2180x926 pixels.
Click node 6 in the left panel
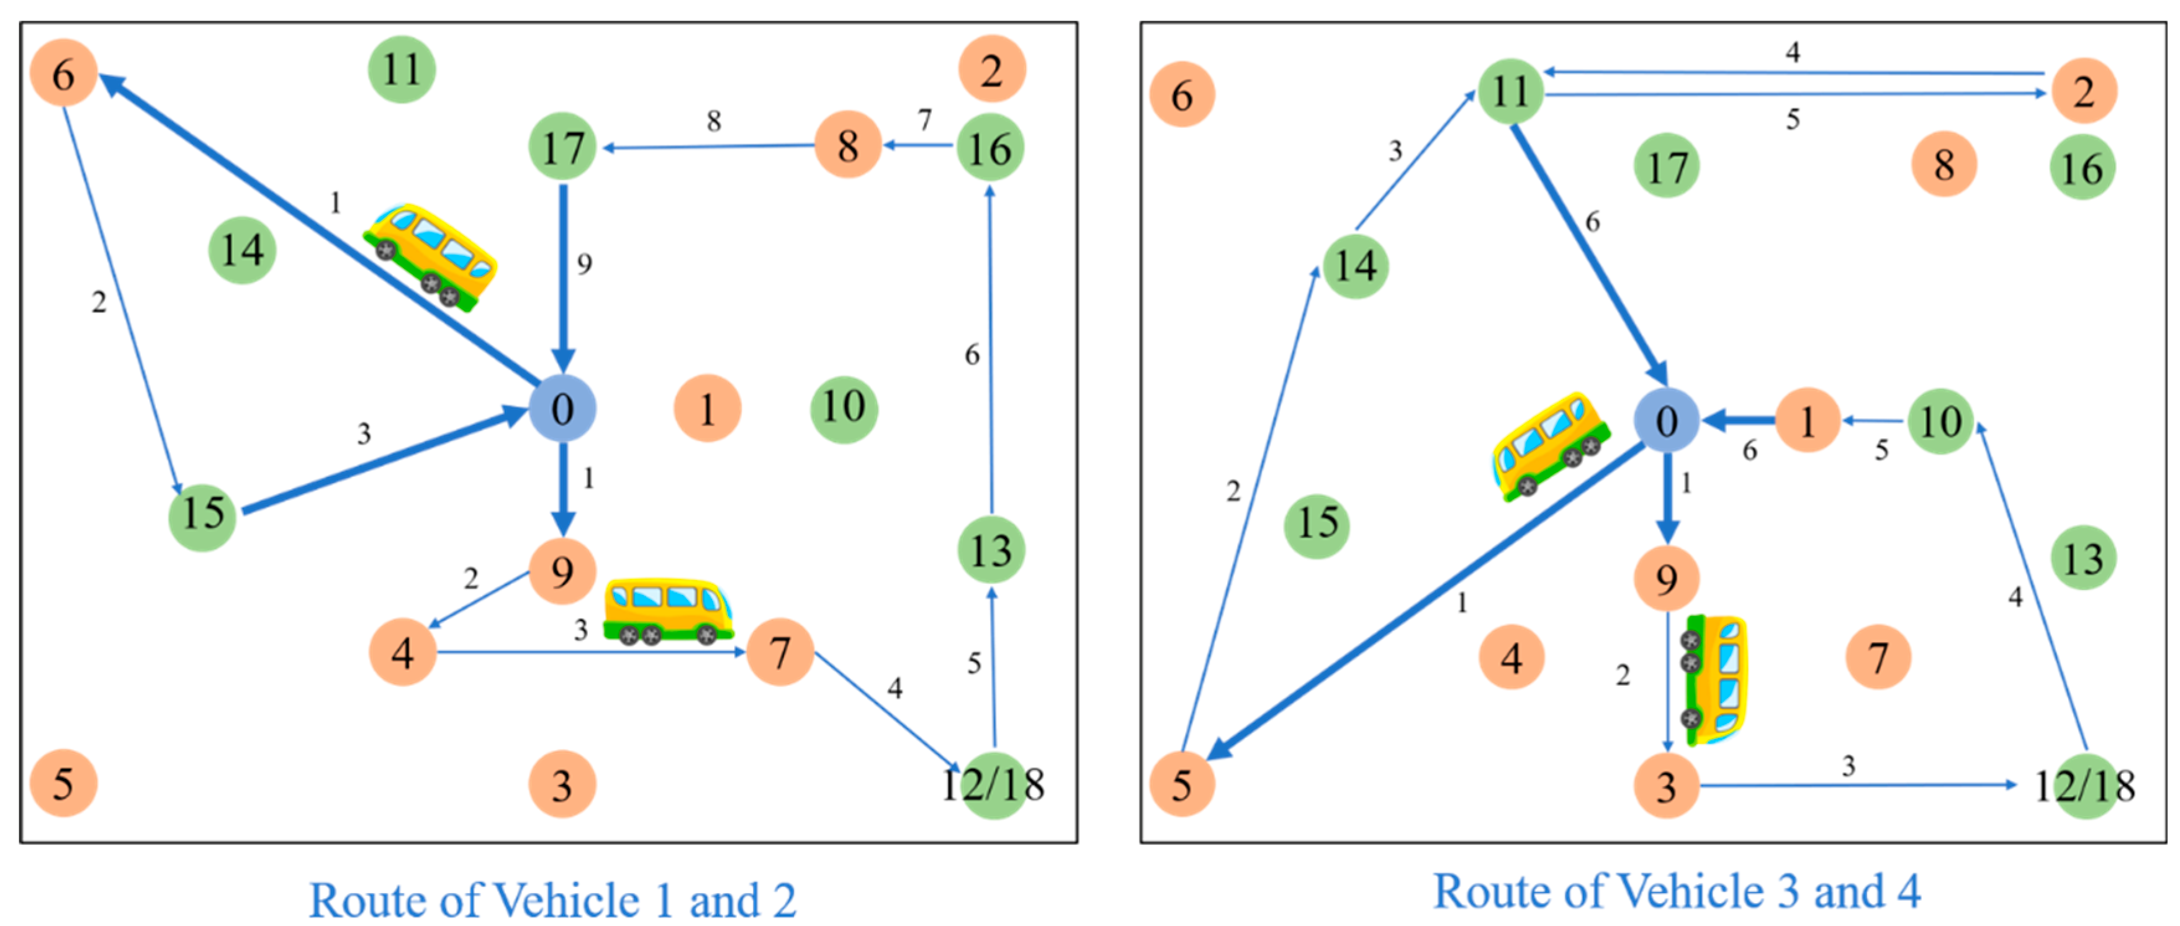[x=63, y=74]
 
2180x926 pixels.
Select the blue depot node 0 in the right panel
[x=1665, y=420]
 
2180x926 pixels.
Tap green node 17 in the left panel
[x=563, y=147]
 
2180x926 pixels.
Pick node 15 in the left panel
[x=202, y=513]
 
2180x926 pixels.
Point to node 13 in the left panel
[x=990, y=551]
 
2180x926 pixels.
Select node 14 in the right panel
[x=1355, y=266]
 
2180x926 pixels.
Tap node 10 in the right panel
[x=1940, y=420]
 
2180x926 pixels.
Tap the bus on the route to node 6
[x=430, y=256]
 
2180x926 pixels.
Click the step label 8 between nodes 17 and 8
[x=713, y=121]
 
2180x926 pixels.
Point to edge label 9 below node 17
[x=584, y=264]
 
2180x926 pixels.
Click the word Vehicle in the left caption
[x=576, y=900]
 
